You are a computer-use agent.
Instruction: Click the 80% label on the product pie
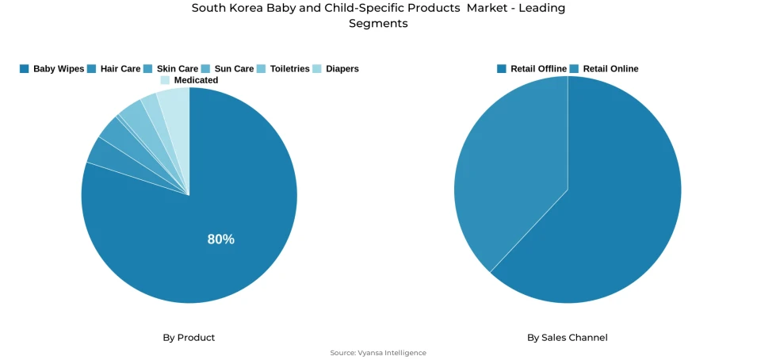[220, 239]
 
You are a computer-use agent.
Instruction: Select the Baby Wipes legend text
[59, 69]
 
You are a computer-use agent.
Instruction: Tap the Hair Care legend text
[120, 69]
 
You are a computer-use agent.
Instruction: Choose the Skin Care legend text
[177, 69]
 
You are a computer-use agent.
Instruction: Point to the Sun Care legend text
[234, 69]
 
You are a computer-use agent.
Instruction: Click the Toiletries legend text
[289, 69]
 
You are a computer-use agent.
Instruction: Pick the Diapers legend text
[342, 69]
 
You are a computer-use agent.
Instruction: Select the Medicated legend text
[196, 80]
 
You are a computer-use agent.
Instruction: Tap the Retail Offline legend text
[538, 69]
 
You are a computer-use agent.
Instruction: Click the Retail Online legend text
[610, 69]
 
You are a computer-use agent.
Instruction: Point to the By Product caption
[189, 338]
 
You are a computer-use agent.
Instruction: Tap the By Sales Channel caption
[568, 338]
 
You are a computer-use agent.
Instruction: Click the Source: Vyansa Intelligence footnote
[378, 353]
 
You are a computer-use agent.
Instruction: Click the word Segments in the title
[378, 24]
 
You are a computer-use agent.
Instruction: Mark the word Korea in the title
[247, 8]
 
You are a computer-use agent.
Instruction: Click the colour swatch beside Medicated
[165, 80]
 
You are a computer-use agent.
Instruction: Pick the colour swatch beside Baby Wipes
[25, 69]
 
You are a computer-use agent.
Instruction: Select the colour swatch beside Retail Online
[575, 69]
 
